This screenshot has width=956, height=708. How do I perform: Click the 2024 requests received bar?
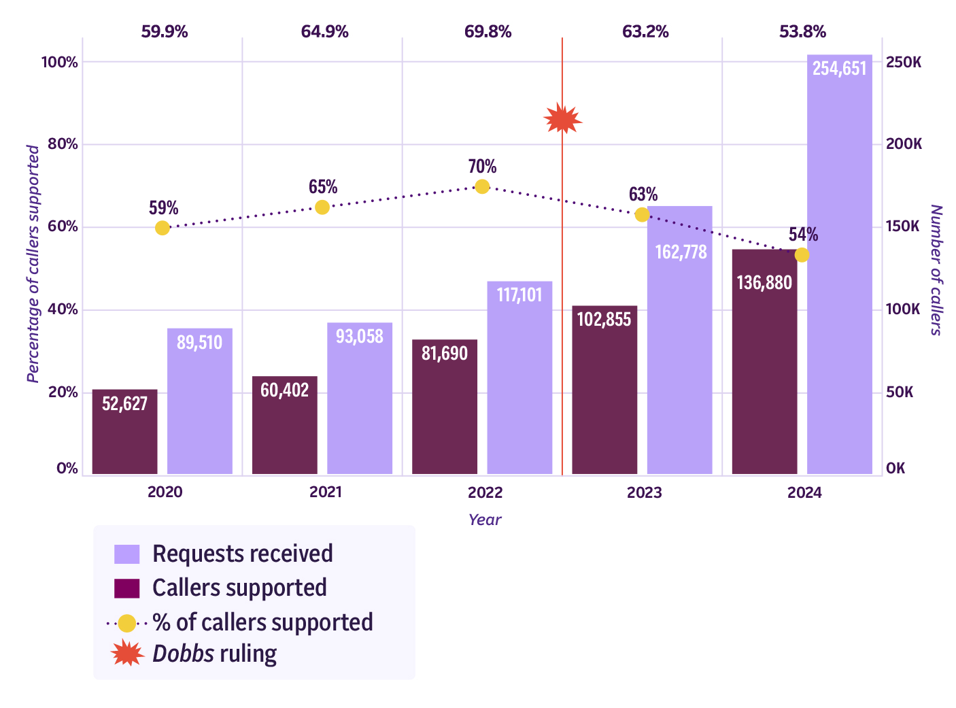coord(839,272)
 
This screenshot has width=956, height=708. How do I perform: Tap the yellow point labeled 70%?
coord(482,186)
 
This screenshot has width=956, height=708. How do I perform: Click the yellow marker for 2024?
coord(802,255)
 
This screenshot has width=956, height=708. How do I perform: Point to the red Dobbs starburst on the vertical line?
coord(562,120)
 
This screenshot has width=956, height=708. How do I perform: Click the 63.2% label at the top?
coord(645,32)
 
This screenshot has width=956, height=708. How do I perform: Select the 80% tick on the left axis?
coord(62,144)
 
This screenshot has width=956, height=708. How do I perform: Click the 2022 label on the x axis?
coord(485,492)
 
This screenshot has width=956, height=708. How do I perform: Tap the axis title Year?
coord(485,520)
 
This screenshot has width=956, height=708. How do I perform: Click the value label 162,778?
coord(681,252)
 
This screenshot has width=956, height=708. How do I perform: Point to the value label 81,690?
coord(444,354)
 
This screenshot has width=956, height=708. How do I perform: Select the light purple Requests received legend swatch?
coord(127,554)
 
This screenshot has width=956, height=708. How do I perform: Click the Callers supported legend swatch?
coord(127,588)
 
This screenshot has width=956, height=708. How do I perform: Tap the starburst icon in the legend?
coord(127,654)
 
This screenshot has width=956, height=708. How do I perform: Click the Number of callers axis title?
coord(936,270)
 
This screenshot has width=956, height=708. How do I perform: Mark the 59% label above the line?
coord(164,208)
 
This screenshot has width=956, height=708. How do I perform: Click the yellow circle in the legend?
coord(127,622)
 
